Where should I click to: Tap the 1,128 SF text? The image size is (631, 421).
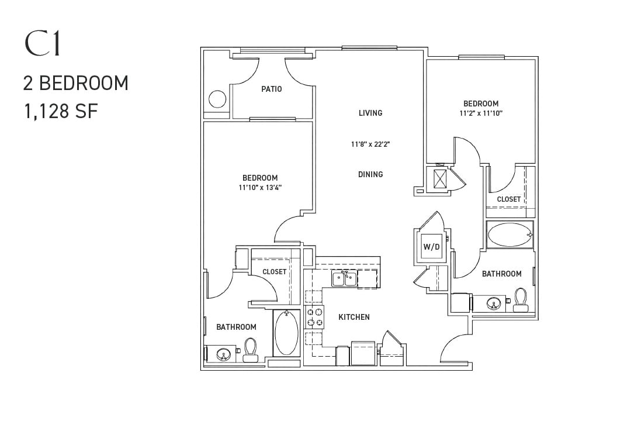[x=61, y=111]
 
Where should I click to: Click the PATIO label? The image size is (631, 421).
[x=272, y=89]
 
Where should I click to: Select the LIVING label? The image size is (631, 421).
[x=370, y=113]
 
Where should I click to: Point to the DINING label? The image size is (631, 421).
[x=370, y=174]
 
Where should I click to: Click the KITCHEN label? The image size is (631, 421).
[x=354, y=317]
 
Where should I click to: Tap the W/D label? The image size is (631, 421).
[x=431, y=247]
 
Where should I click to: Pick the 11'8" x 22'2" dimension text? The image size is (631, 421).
[x=370, y=144]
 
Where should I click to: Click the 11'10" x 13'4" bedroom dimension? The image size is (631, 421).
[x=260, y=187]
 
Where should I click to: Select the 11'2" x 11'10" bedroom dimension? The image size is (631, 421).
[x=481, y=113]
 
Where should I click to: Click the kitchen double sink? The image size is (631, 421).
[x=344, y=279]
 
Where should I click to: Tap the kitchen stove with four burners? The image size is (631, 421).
[x=314, y=317]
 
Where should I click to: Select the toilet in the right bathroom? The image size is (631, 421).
[x=521, y=300]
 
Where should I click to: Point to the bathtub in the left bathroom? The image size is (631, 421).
[x=286, y=333]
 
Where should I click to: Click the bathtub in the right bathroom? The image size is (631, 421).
[x=510, y=234]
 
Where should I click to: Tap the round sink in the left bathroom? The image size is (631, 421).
[x=223, y=354]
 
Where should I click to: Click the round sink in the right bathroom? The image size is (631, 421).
[x=493, y=303]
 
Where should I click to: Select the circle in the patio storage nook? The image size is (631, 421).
[x=217, y=99]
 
